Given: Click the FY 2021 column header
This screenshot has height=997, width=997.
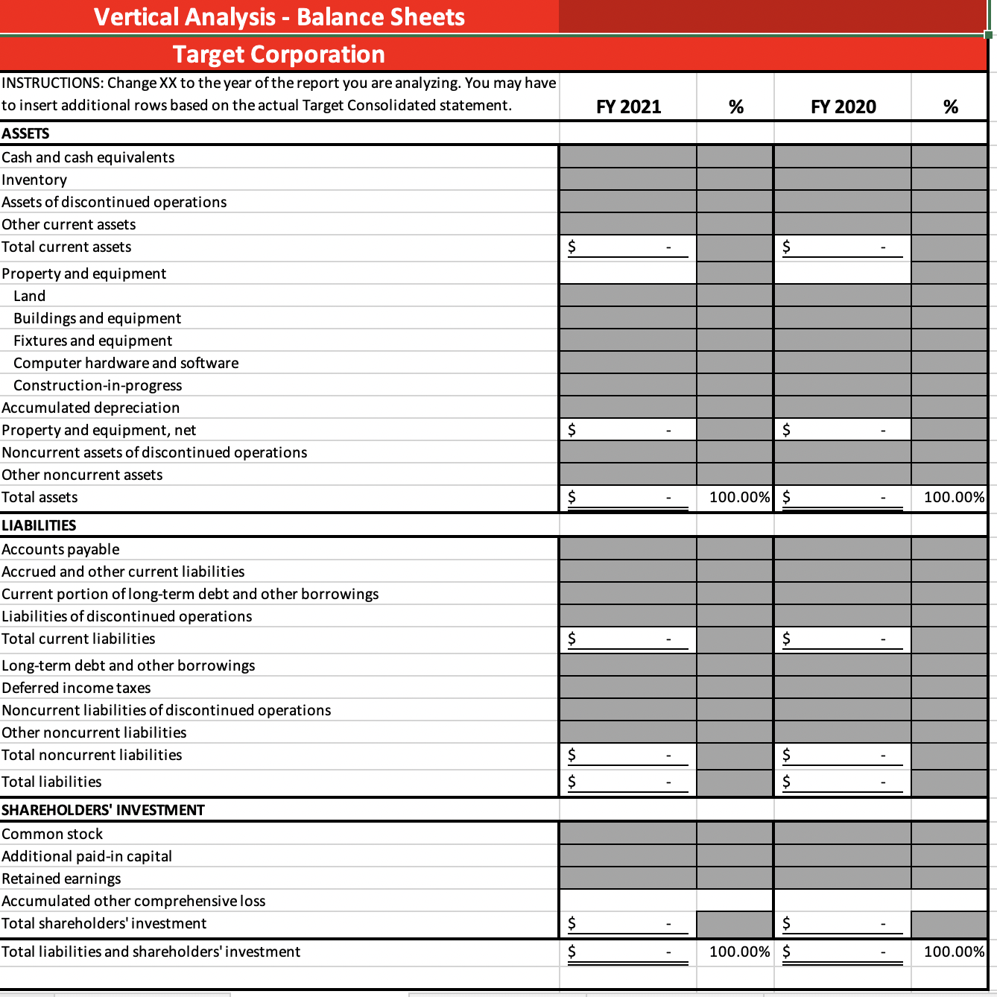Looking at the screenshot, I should coord(628,107).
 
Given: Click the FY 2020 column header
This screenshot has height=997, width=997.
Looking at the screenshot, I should coord(843,107).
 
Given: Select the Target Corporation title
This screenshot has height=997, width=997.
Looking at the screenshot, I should coord(279,54).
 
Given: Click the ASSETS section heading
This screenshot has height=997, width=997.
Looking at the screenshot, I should coord(25,133).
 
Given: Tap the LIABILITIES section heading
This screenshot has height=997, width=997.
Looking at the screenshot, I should coord(39,525).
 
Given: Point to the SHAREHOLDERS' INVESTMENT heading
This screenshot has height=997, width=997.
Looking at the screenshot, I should coord(103,810).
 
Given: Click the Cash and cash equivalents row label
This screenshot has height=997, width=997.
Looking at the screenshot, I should coord(88,157).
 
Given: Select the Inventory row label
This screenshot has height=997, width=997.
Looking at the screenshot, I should coord(34,180).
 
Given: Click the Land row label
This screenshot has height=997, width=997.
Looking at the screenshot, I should coord(29,296).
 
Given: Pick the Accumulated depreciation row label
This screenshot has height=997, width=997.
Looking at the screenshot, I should coord(90,408).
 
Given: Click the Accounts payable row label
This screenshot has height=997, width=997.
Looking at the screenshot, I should coord(60,549).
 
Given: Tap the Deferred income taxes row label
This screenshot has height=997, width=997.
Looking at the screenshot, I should coord(76,688).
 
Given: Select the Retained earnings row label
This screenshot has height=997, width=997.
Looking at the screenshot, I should coord(61,879).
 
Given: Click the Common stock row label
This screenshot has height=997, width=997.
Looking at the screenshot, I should coord(52,834).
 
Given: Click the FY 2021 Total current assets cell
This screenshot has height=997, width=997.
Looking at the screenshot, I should coord(627,247).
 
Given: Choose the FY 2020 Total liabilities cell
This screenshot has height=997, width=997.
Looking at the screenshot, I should coord(842,782).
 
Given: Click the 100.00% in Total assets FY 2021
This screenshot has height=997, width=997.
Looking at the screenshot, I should coord(738,497).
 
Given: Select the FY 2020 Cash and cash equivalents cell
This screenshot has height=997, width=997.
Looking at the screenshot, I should coord(842,157).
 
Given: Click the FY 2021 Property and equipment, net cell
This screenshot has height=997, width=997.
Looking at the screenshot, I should coord(627,430).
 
